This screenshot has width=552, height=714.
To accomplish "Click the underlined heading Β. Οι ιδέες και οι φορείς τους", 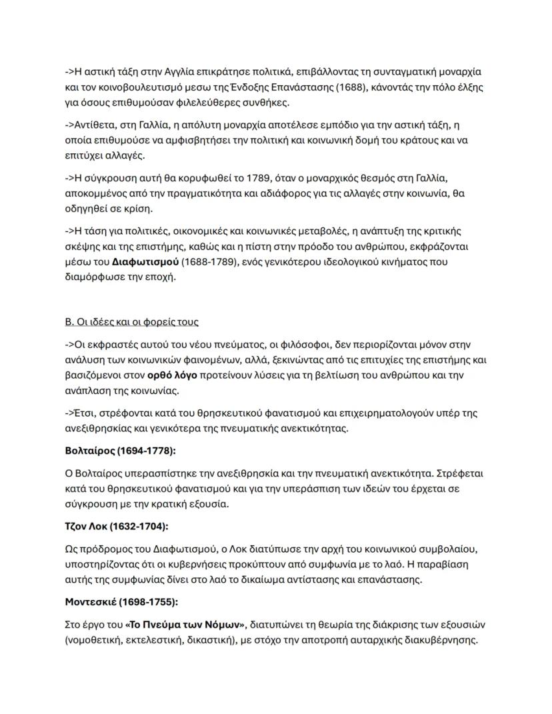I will tap(131, 322).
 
